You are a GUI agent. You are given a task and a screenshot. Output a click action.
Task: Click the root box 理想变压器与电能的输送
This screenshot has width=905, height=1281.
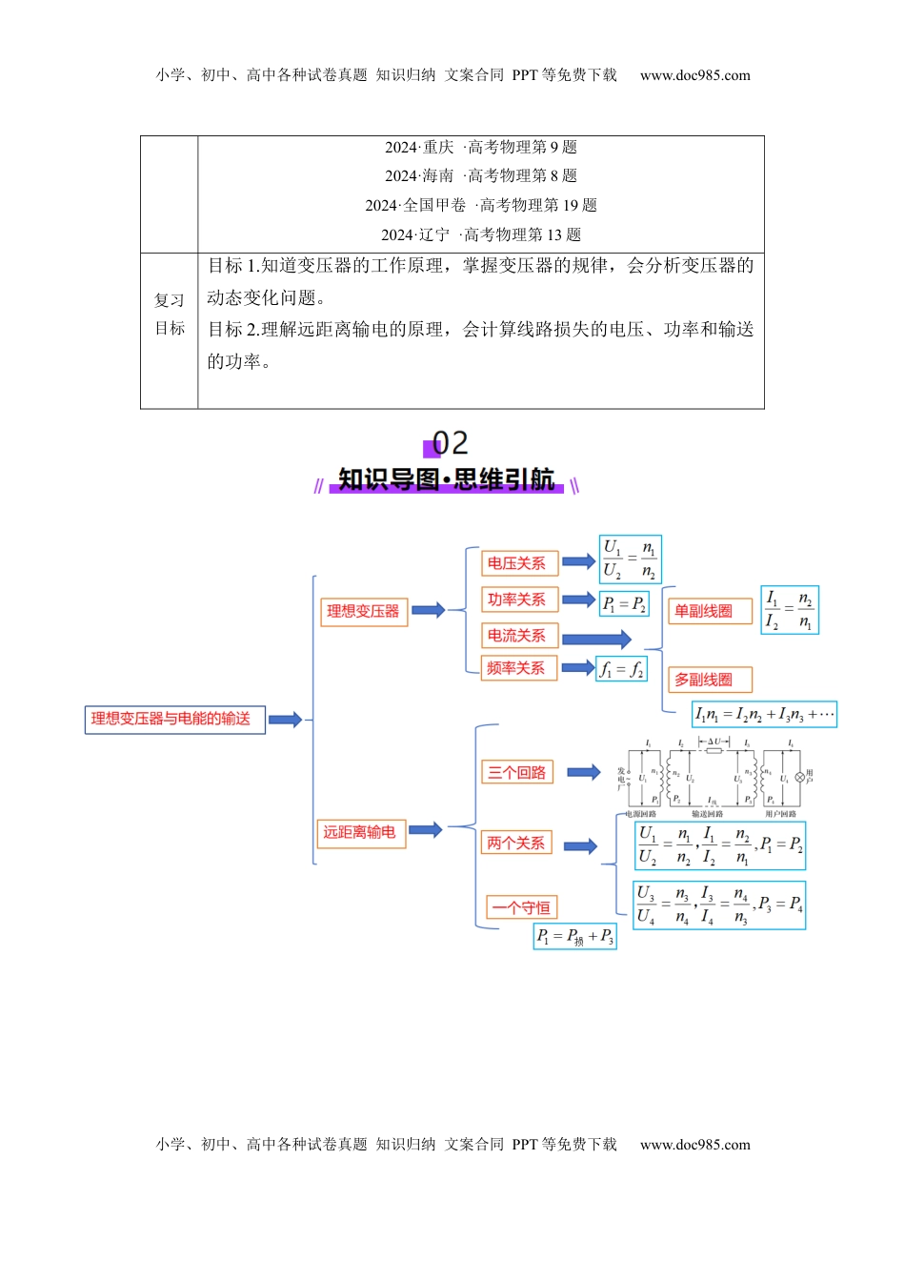click(174, 720)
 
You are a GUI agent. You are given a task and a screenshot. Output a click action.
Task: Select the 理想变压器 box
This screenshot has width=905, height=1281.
click(363, 612)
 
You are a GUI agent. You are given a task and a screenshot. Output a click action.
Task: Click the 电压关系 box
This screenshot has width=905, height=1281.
click(518, 563)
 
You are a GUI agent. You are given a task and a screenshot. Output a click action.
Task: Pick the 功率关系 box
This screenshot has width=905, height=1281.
click(518, 600)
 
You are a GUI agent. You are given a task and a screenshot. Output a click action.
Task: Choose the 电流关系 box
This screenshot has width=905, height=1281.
click(518, 636)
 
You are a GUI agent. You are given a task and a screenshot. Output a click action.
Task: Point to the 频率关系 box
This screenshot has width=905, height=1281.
click(517, 668)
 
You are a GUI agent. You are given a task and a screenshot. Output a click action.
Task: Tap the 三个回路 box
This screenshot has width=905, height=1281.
click(518, 773)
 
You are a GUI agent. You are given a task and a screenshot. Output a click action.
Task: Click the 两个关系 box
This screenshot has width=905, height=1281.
click(517, 844)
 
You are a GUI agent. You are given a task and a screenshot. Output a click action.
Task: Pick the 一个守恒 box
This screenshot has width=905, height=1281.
click(520, 907)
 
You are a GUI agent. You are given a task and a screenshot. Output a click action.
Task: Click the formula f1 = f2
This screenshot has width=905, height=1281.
click(623, 670)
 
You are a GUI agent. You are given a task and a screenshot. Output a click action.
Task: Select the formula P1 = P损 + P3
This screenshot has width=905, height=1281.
click(574, 937)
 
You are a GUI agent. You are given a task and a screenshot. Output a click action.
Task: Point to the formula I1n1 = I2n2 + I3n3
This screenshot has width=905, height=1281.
click(764, 715)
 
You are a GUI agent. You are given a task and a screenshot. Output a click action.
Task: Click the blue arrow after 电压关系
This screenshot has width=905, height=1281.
click(578, 562)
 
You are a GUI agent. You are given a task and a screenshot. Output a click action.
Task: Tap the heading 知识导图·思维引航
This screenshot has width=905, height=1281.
click(446, 479)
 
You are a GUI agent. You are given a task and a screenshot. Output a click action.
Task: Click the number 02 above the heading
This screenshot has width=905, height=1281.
click(449, 443)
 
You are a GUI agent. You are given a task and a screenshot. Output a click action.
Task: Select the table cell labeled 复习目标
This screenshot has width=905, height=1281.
click(170, 315)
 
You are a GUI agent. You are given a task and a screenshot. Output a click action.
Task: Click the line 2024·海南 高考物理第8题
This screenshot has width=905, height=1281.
click(481, 176)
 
